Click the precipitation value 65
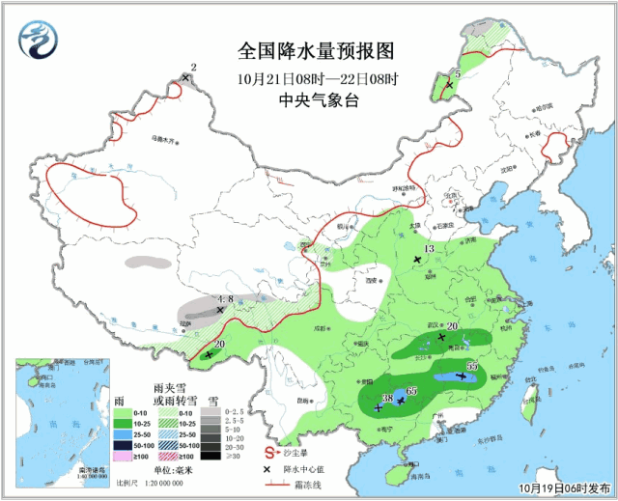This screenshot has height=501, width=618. click(x=412, y=390)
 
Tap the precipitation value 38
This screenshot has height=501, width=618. click(x=386, y=399)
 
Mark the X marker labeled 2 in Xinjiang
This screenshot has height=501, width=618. click(x=185, y=78)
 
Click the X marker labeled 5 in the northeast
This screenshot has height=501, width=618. click(x=448, y=85)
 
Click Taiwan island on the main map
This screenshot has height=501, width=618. click(x=528, y=404)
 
